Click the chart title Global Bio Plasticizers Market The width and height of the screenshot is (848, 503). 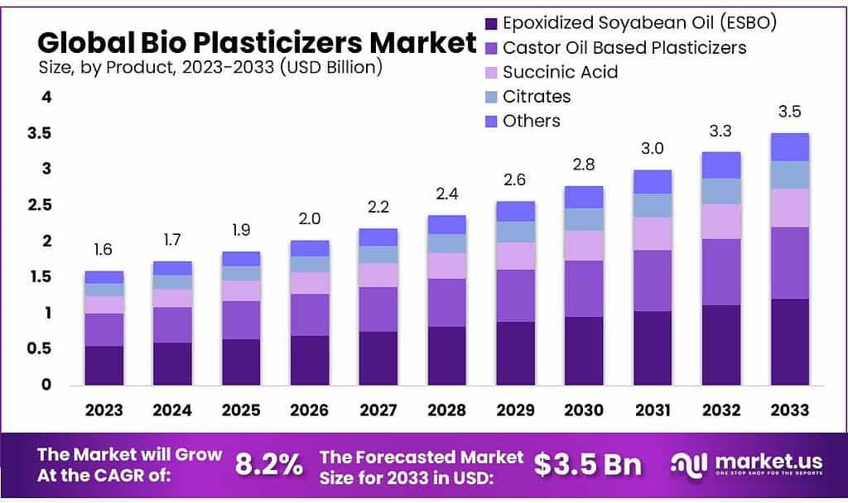(257, 42)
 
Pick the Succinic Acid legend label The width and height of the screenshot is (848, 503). (560, 72)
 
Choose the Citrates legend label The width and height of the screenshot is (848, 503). (537, 96)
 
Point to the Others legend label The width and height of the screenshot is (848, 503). (531, 121)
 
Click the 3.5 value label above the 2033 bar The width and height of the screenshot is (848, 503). (789, 112)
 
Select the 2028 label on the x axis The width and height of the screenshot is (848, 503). (446, 410)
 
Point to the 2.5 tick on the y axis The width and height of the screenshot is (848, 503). (41, 205)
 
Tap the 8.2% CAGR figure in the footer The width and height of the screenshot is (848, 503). (269, 464)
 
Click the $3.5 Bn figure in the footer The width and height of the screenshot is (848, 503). (587, 464)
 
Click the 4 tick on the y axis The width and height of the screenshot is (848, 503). (47, 97)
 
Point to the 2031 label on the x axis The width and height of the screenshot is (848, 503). (653, 410)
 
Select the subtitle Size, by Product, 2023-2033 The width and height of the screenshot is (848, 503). (210, 68)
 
